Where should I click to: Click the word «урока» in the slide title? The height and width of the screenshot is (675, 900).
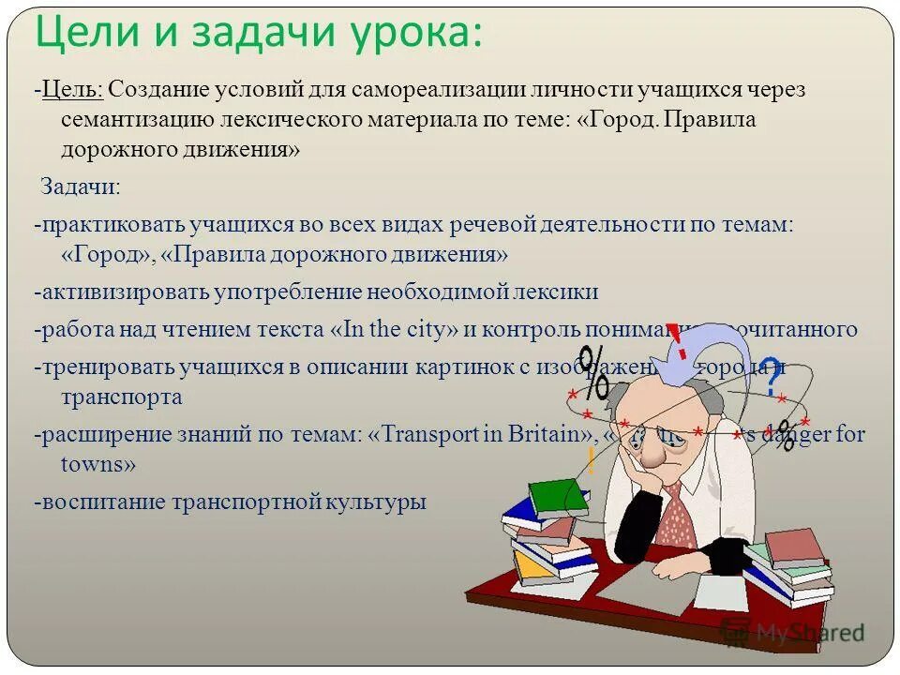click(x=406, y=35)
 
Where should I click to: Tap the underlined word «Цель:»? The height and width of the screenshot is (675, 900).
click(x=71, y=91)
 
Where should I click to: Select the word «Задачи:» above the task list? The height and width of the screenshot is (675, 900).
click(x=80, y=186)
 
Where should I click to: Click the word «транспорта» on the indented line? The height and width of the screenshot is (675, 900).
click(x=122, y=397)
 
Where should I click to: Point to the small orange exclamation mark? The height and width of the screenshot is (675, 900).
click(x=591, y=459)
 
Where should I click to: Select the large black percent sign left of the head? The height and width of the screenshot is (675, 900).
click(x=592, y=372)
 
